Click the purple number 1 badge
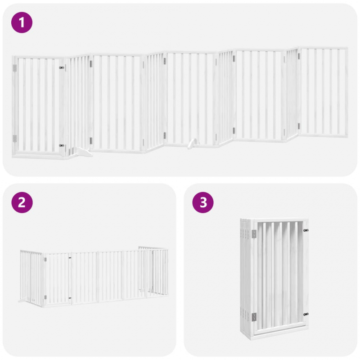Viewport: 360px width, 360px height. coord(22,22)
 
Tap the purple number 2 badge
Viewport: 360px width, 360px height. coord(22,202)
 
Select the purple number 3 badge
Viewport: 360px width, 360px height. coord(203,202)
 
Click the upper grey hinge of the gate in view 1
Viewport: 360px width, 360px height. coord(15,68)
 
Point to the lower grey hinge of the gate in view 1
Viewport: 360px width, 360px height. coord(15,139)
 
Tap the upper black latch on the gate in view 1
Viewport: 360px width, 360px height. coord(62,68)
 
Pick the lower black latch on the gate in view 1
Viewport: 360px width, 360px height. coord(62,145)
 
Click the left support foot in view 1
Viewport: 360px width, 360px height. coord(83,152)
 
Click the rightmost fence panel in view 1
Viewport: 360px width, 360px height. coord(323,92)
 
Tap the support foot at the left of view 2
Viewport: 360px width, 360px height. coord(23,300)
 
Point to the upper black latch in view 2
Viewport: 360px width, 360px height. coord(70,258)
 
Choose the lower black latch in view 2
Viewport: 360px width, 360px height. coord(70,298)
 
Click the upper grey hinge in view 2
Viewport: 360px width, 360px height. coord(45,260)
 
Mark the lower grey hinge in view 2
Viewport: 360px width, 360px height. coord(45,297)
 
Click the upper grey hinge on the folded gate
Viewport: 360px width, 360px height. coord(254,234)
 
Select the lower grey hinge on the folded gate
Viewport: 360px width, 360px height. coord(254,317)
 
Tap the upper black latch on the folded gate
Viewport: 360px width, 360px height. coord(306,230)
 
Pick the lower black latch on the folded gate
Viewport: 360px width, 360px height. coord(306,314)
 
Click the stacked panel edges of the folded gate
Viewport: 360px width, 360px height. coord(246,278)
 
